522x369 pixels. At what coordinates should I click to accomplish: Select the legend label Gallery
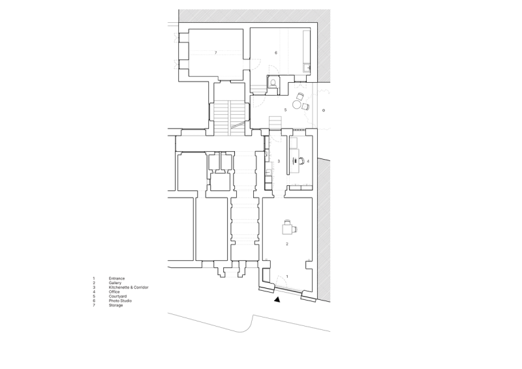click(x=115, y=282)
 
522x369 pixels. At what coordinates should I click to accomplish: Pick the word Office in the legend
click(x=114, y=292)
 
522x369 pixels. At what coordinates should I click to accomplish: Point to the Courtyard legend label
click(x=118, y=297)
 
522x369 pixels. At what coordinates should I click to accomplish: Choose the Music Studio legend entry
click(x=120, y=301)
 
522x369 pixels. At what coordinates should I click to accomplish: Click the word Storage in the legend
click(x=116, y=306)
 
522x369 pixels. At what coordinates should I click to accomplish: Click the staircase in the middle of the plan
click(x=275, y=123)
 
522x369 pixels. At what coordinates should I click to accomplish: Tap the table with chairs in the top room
click(x=253, y=63)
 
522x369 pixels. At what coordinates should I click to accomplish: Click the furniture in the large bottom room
click(x=288, y=229)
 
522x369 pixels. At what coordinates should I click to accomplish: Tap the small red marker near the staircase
click(x=284, y=109)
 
